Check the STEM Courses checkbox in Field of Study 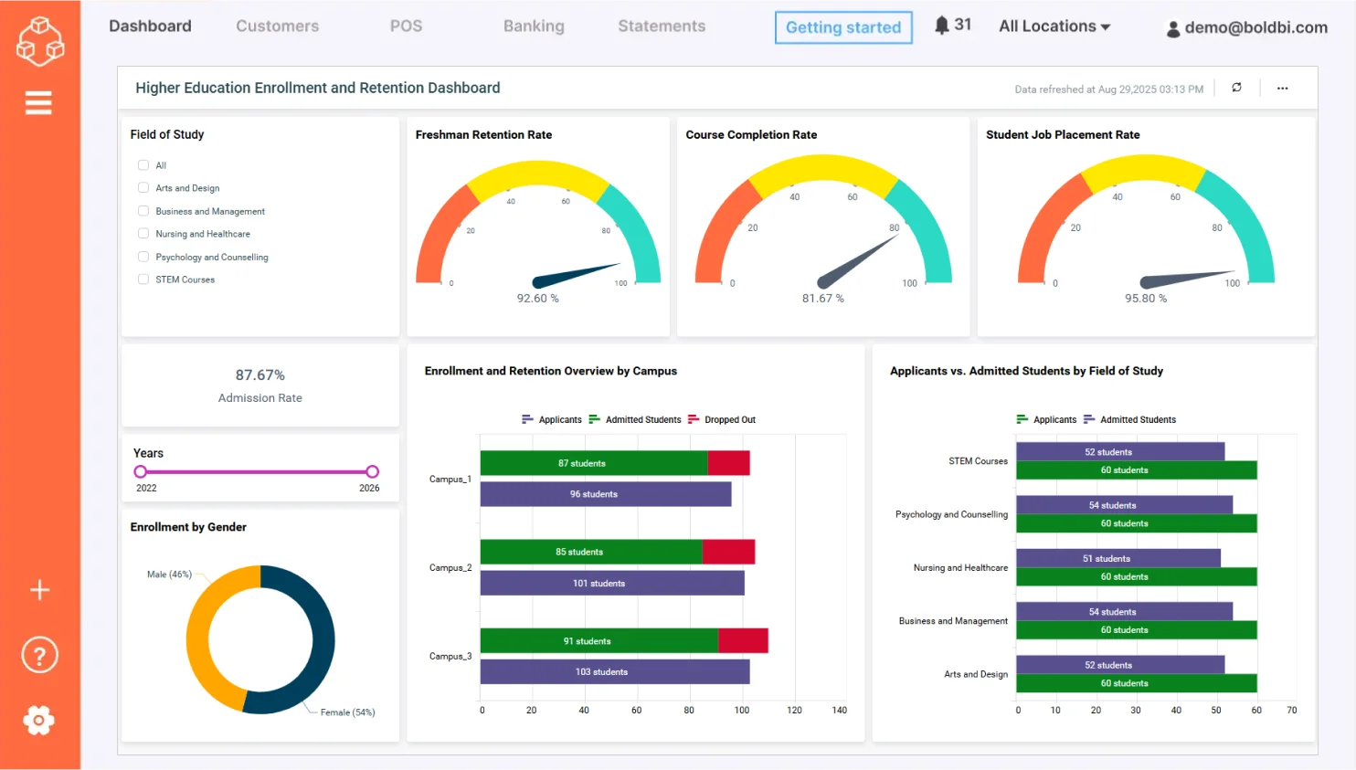143,280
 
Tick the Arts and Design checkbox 143,188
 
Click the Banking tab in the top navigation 534,26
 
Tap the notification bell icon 942,26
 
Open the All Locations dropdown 1054,26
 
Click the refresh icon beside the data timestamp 1236,88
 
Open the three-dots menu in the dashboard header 1282,89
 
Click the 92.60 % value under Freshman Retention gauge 537,299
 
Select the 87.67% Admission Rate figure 260,375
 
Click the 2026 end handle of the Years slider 372,472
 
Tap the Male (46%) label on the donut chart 169,575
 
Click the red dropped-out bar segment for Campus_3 743,641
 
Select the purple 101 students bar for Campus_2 611,584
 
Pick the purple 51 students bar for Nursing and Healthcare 1118,559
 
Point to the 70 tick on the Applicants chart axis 1291,711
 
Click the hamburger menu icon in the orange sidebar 38,103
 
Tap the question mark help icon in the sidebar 39,656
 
